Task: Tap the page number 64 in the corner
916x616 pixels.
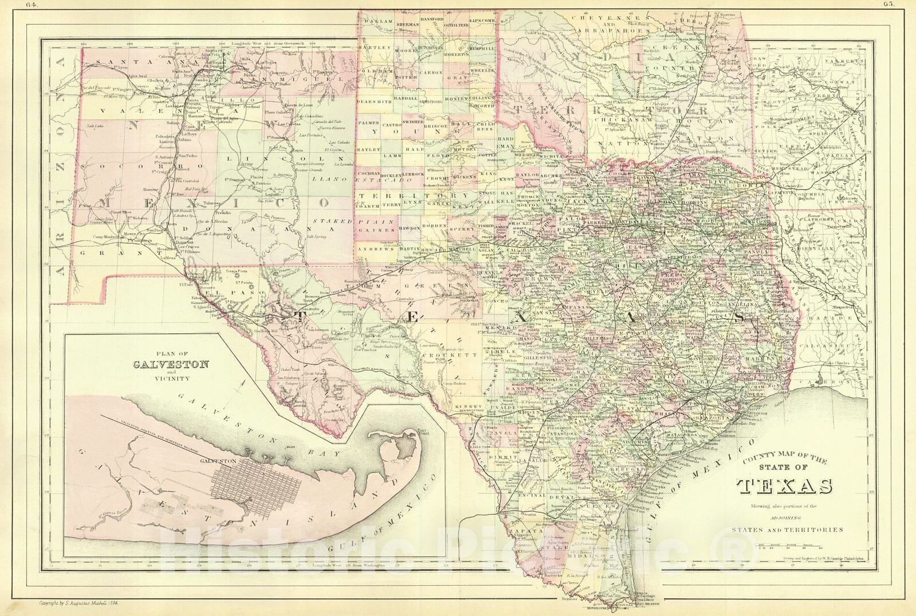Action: click(x=39, y=3)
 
